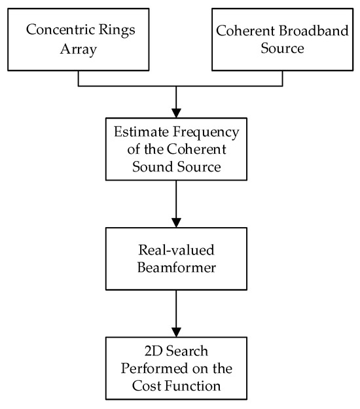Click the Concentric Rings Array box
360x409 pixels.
[x=78, y=39]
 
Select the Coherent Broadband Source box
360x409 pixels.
[x=282, y=39]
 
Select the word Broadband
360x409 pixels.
[x=306, y=29]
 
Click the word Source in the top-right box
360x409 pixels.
[x=281, y=48]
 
